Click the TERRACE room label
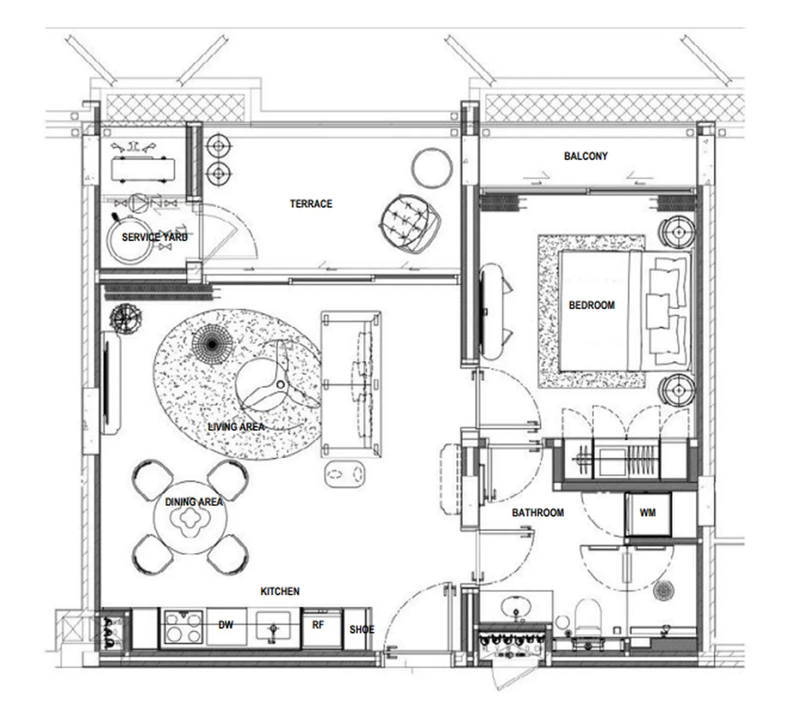click(311, 204)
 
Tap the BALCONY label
click(585, 156)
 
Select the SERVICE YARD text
click(155, 237)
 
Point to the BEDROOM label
click(592, 305)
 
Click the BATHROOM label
click(538, 513)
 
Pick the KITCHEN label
click(280, 592)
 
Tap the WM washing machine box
click(648, 515)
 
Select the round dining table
click(190, 518)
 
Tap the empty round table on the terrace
click(432, 168)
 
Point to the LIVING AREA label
click(236, 427)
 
